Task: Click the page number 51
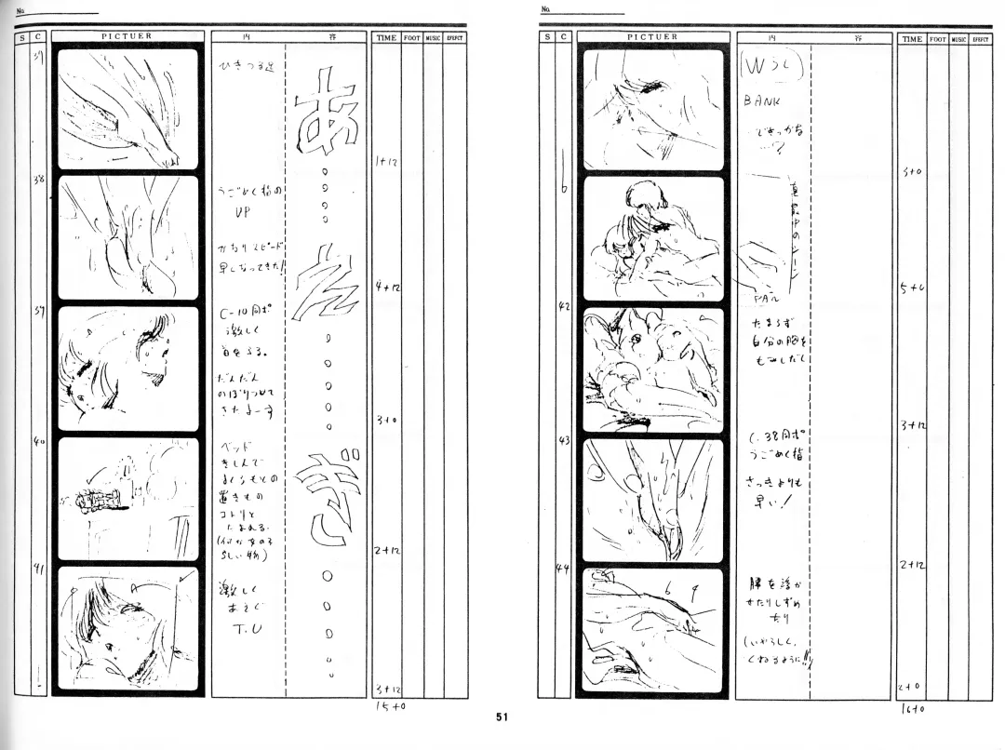click(x=501, y=717)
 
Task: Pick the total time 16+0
click(x=912, y=708)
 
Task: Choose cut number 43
click(x=564, y=439)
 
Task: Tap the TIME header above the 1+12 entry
click(x=386, y=38)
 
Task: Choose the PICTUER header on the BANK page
click(x=651, y=38)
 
